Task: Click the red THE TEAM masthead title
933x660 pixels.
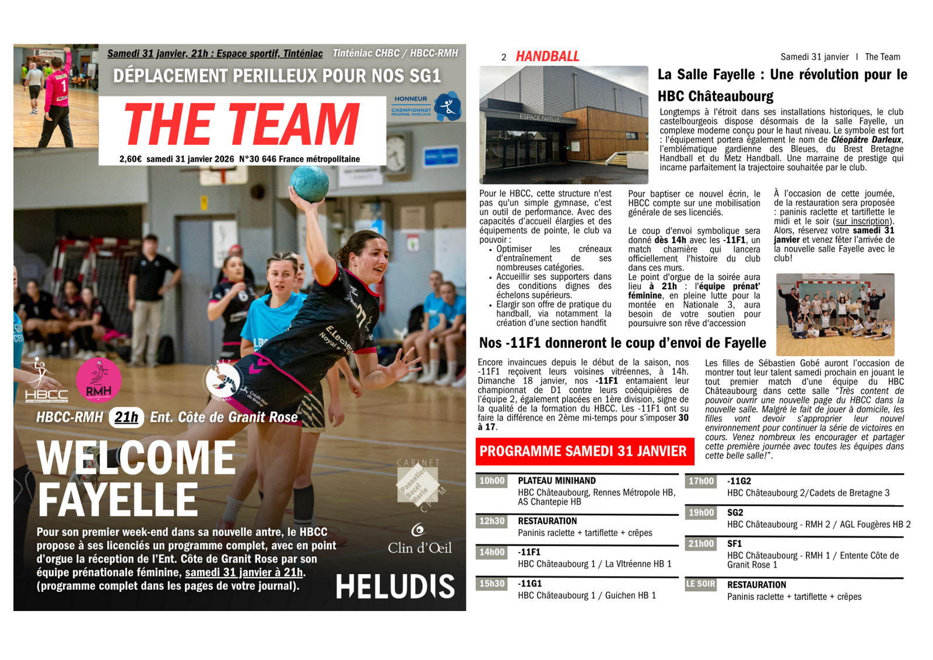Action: tap(241, 124)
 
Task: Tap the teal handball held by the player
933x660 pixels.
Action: tap(309, 184)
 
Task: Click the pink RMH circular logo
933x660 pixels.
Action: tap(99, 380)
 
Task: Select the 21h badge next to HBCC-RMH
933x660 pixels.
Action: tap(127, 417)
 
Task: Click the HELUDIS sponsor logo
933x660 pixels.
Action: tap(395, 586)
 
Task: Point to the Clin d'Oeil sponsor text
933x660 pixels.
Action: tap(419, 547)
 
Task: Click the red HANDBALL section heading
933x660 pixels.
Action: tap(547, 57)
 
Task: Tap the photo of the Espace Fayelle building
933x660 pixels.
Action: tap(563, 125)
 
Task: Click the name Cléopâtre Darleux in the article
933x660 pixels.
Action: tap(866, 139)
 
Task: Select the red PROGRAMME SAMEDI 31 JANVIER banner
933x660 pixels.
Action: tap(584, 451)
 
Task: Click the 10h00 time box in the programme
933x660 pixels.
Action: tap(492, 481)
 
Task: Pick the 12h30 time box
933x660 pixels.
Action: tap(492, 521)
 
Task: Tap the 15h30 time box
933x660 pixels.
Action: tap(492, 584)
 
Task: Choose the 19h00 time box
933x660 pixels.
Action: tap(701, 512)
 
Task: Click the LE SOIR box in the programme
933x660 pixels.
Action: tap(700, 584)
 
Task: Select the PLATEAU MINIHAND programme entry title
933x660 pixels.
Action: tap(556, 481)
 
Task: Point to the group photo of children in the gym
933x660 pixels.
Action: tap(835, 314)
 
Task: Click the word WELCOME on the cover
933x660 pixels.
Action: tap(136, 458)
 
